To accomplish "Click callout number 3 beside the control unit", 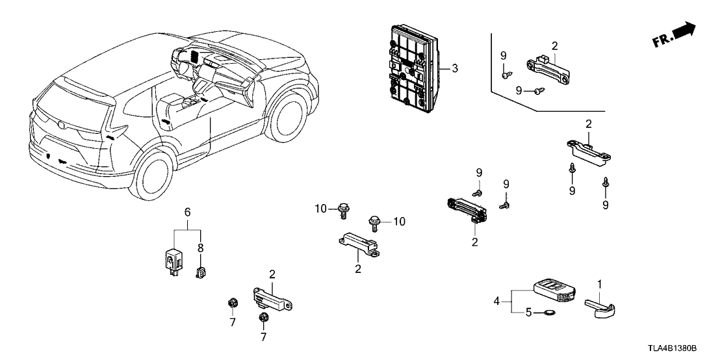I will (455, 68).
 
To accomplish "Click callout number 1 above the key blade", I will (600, 284).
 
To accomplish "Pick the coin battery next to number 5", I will (551, 313).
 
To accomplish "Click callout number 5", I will (529, 313).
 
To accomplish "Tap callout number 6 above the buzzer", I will (187, 212).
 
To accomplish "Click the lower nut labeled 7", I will (263, 318).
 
